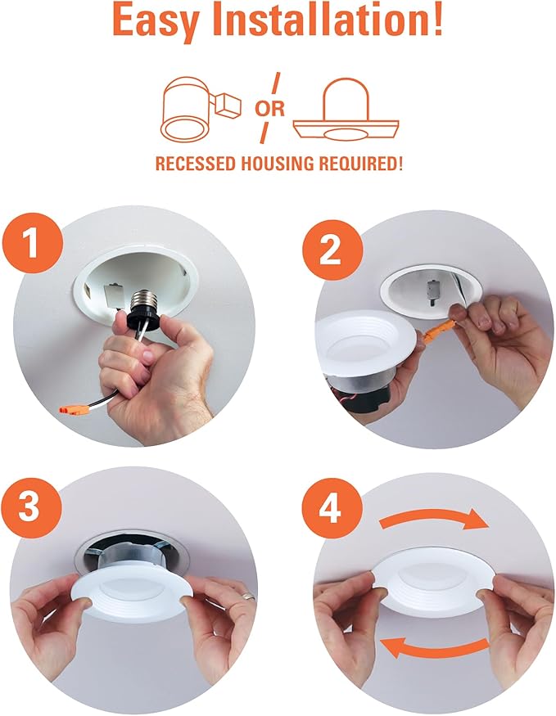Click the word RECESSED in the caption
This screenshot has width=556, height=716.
(x=197, y=164)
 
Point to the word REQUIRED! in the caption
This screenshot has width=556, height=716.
(x=362, y=164)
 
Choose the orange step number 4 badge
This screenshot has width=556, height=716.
(x=329, y=511)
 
